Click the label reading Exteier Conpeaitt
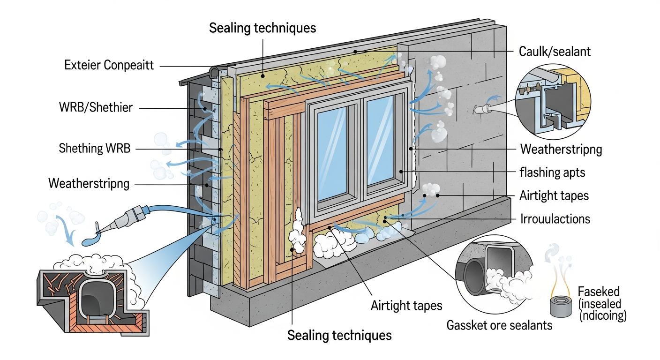(x=109, y=65)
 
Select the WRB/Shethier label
(x=96, y=108)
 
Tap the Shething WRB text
(x=95, y=149)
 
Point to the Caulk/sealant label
(x=555, y=51)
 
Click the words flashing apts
(x=552, y=172)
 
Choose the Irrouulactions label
(x=555, y=218)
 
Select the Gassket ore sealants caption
(x=500, y=324)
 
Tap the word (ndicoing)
(x=602, y=315)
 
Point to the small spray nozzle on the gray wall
(x=481, y=109)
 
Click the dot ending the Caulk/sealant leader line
(x=356, y=51)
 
